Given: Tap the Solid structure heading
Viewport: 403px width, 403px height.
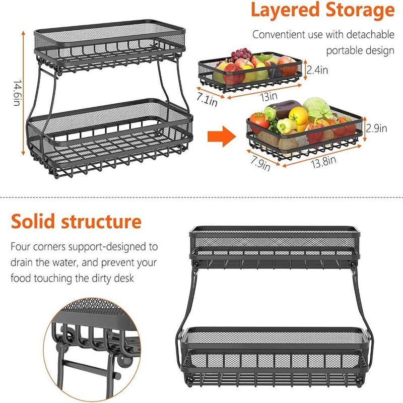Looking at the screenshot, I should tap(76, 221).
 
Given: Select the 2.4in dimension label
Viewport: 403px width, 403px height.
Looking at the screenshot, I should tap(317, 70).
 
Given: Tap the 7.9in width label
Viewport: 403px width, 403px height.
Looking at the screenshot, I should tap(259, 163).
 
